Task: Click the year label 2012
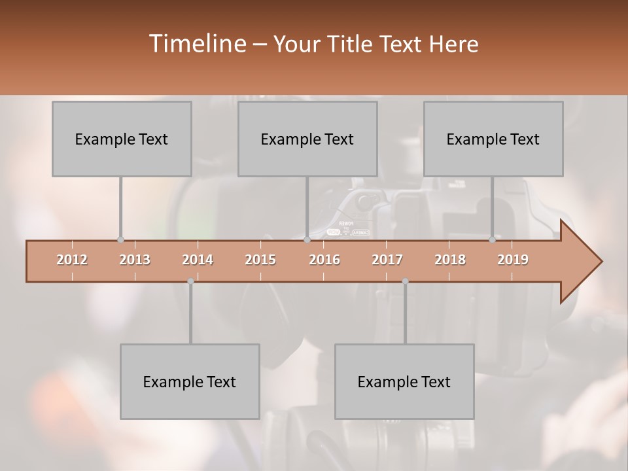[x=72, y=260]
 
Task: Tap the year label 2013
[x=135, y=260]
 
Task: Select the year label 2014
[x=198, y=260]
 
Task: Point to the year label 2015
[x=260, y=260]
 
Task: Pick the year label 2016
[x=324, y=260]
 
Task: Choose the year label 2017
[x=387, y=260]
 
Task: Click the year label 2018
[x=450, y=260]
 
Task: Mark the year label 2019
[x=513, y=260]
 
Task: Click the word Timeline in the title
[x=197, y=44]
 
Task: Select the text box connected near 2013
[x=122, y=139]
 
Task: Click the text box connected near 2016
[x=307, y=139]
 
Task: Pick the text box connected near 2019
[x=493, y=139]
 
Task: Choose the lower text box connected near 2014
[x=190, y=381]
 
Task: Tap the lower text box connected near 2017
[x=404, y=381]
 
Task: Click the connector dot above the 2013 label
[x=120, y=240]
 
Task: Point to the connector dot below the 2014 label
[x=190, y=281]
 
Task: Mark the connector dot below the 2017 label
[x=405, y=281]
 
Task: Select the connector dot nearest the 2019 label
[x=492, y=240]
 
